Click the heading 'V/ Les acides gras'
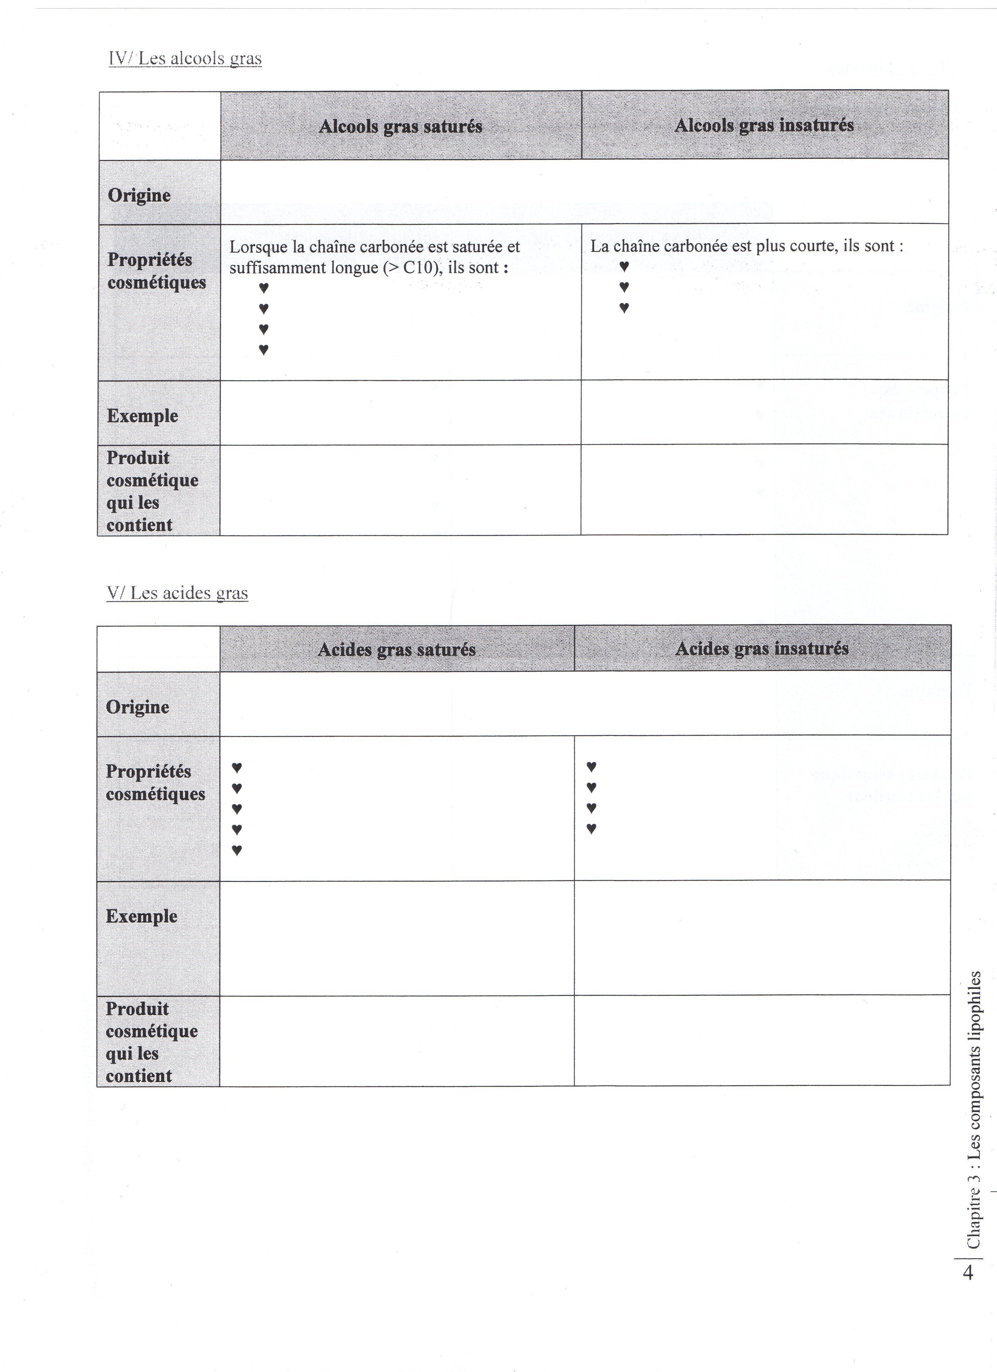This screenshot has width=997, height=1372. tap(177, 593)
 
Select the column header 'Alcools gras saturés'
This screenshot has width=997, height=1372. tap(400, 126)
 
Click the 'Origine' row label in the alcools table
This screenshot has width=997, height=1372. tap(139, 195)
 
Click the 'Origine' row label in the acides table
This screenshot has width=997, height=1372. tap(137, 707)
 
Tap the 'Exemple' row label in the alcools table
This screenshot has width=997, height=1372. tap(142, 416)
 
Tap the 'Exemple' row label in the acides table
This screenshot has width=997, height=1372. tap(141, 916)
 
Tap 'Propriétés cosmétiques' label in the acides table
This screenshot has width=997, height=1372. tap(155, 783)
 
